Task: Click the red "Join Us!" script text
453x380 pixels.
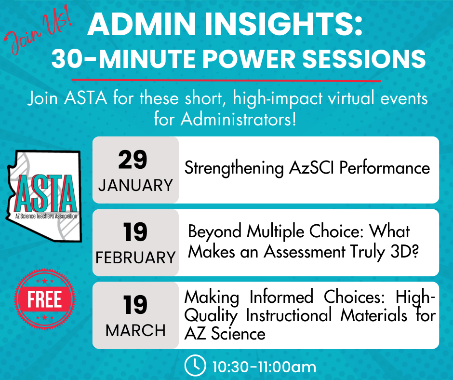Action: [38, 30]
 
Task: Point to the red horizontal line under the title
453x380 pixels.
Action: [226, 80]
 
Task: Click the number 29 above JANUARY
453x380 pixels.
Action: [133, 160]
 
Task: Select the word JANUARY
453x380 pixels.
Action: [135, 185]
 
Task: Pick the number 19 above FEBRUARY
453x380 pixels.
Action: [135, 232]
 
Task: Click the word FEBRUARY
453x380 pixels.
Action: [135, 258]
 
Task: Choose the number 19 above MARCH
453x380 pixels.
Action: [135, 305]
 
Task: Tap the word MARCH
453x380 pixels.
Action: [135, 330]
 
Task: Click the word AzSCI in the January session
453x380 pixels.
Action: [311, 168]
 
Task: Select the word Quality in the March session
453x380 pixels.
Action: [211, 316]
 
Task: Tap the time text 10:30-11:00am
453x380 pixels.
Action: [264, 367]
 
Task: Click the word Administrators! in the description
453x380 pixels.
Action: [239, 119]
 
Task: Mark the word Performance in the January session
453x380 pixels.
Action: [385, 168]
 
